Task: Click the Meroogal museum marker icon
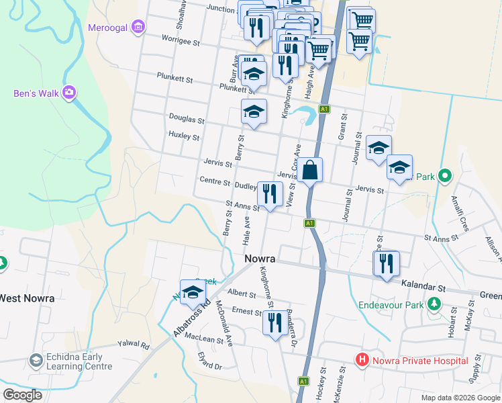(x=138, y=27)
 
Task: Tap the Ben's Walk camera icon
(x=68, y=93)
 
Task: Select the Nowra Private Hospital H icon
(x=362, y=360)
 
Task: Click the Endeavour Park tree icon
(x=434, y=305)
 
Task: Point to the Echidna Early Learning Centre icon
(x=36, y=361)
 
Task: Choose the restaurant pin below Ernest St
(x=274, y=323)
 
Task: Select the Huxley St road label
(x=184, y=137)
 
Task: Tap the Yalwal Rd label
(x=135, y=345)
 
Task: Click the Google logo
(x=23, y=395)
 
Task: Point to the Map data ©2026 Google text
(x=460, y=398)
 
